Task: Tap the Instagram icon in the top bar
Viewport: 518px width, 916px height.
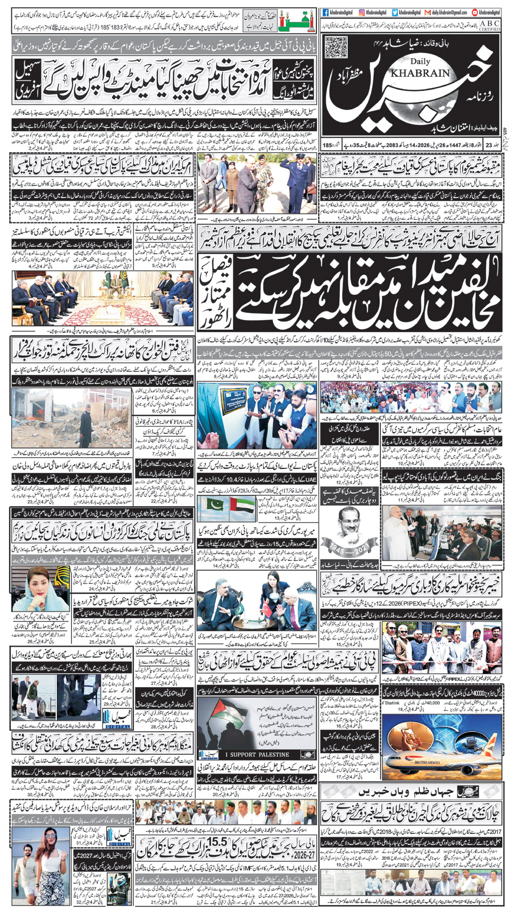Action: point(361,12)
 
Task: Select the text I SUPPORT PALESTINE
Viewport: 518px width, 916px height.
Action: point(257,754)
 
